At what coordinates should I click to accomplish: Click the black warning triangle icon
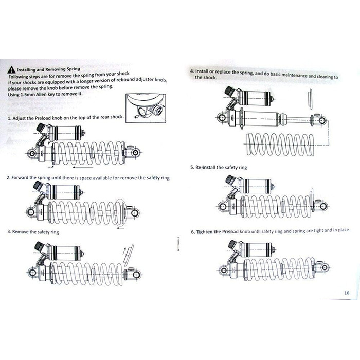pos(11,70)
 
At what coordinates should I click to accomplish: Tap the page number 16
pos(347,293)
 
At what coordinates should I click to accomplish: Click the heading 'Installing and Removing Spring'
pos(48,69)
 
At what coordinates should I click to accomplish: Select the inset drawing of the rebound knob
pos(146,108)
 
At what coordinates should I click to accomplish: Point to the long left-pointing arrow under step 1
pos(83,167)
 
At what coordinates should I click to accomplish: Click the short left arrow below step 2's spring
pos(120,228)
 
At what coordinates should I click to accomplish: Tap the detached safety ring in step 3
pos(128,255)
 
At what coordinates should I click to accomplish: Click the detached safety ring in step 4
pos(310,99)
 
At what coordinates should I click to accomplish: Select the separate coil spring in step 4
pos(280,145)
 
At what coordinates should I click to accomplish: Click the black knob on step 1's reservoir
pos(41,128)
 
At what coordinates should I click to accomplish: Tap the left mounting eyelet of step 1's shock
pos(32,153)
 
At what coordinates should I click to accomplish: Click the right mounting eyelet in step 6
pos(324,267)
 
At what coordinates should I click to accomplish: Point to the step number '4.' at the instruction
pos(192,71)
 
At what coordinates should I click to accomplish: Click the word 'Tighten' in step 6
pos(205,232)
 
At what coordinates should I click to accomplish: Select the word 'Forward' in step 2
pos(20,178)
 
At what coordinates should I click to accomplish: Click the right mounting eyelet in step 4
pos(322,120)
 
